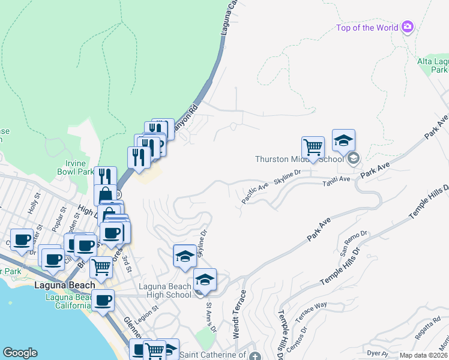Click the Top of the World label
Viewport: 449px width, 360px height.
pos(367,28)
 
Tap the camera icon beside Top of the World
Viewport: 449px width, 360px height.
pos(408,26)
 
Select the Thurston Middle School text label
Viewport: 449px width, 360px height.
pos(299,159)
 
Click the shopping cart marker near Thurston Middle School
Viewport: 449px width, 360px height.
pos(313,147)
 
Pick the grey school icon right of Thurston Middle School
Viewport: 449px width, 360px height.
pos(353,158)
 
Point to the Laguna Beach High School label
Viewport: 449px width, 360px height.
pos(165,290)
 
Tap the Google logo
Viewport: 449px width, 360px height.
pos(20,353)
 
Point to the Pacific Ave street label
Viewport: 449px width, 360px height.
pos(255,192)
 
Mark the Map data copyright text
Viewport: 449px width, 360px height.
pos(424,355)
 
